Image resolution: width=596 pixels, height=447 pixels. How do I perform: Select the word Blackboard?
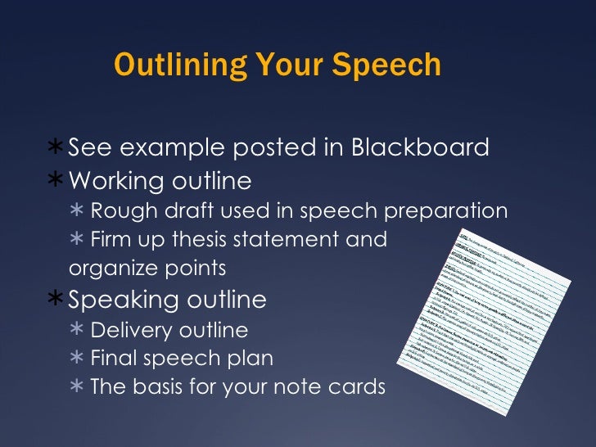pyautogui.click(x=420, y=148)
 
